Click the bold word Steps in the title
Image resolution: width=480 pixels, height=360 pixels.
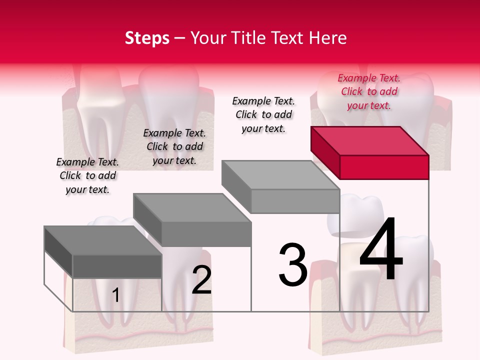click(x=147, y=38)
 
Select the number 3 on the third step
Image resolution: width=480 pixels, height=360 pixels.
click(x=292, y=265)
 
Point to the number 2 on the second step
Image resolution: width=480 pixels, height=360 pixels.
click(x=201, y=280)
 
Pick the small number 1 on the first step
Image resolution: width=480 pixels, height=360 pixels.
click(x=115, y=295)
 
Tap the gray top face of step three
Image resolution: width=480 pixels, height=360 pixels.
click(x=280, y=175)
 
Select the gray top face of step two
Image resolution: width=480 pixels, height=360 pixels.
click(x=191, y=207)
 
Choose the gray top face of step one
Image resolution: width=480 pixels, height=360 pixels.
click(x=102, y=240)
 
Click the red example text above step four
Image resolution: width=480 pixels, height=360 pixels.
click(x=369, y=91)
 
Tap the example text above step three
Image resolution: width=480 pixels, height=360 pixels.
click(x=263, y=114)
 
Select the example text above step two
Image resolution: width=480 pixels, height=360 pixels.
click(x=174, y=146)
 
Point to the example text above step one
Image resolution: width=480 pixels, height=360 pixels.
click(x=87, y=175)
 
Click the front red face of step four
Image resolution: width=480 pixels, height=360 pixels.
click(x=384, y=167)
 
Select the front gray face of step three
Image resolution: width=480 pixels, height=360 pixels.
click(x=295, y=201)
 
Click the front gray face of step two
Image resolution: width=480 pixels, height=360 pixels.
click(x=206, y=234)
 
